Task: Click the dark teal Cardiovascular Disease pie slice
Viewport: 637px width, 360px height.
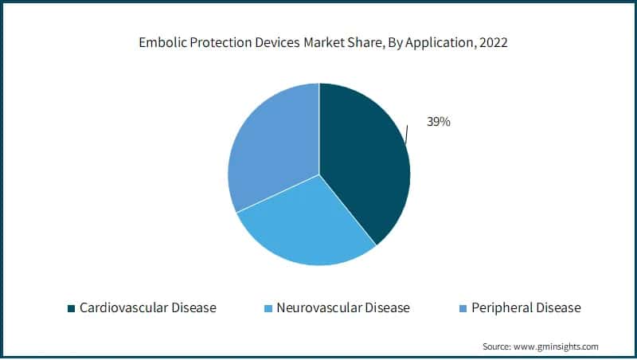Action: pos(362,159)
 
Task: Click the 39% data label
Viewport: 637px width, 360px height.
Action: pos(438,123)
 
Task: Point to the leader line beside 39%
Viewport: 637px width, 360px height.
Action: pos(408,134)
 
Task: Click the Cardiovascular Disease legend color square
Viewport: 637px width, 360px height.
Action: pos(71,307)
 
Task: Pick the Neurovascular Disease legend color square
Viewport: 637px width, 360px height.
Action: pos(268,307)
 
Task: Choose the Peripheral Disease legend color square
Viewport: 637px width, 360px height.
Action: pos(463,307)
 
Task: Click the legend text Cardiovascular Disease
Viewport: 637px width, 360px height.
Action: pos(147,307)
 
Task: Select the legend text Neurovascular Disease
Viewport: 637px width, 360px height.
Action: pos(343,307)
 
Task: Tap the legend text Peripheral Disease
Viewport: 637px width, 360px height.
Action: pos(526,307)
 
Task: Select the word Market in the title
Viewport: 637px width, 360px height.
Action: pos(318,44)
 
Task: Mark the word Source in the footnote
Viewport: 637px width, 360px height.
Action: pos(497,346)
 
